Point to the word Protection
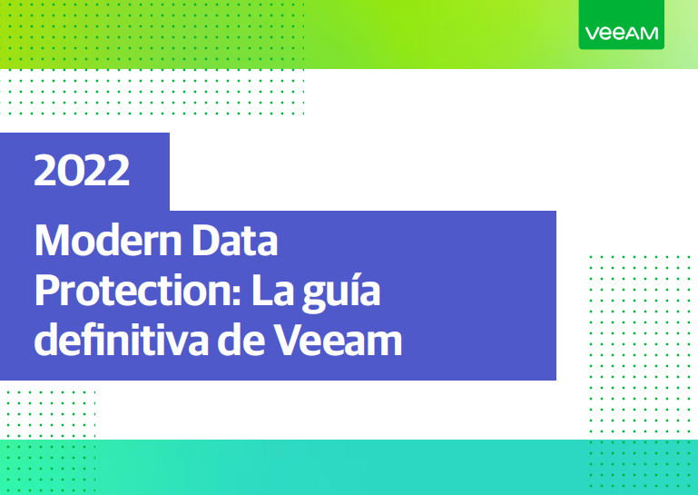click(x=133, y=292)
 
